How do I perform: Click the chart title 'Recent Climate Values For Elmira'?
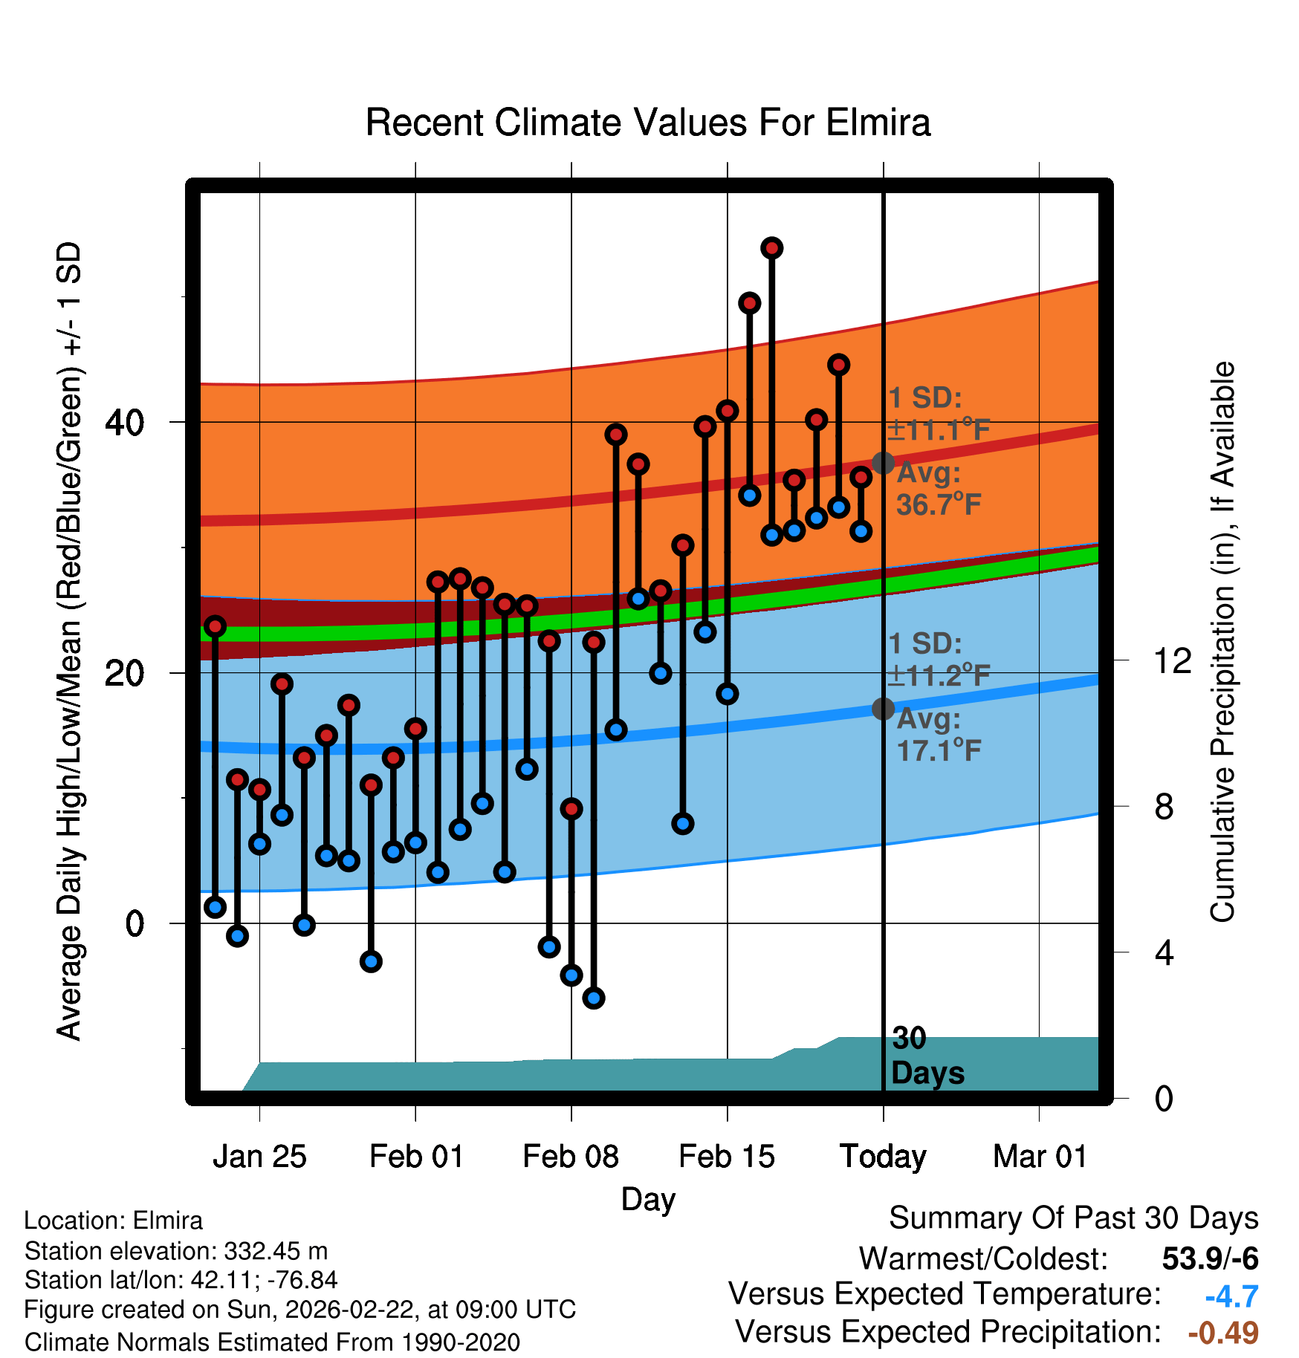coord(647,123)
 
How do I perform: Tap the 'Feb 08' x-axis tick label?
coord(571,1157)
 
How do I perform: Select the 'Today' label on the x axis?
coord(883,1157)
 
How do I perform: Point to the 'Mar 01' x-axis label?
coord(1040,1157)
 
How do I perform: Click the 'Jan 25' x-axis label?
coord(259,1157)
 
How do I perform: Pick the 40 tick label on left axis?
coord(124,423)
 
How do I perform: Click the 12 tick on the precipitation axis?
coord(1172,660)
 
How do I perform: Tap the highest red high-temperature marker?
coord(772,248)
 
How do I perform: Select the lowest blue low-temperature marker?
coord(594,998)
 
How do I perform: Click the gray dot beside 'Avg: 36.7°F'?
coord(883,463)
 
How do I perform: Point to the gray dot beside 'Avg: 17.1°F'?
coord(883,709)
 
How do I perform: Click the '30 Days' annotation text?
coord(927,1056)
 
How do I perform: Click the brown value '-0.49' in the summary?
coord(1223,1333)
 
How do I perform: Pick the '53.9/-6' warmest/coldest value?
coord(1210,1258)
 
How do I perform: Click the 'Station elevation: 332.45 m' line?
coord(176,1251)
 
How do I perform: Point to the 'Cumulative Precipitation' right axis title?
coord(1222,642)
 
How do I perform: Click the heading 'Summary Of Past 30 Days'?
coord(1073,1218)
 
